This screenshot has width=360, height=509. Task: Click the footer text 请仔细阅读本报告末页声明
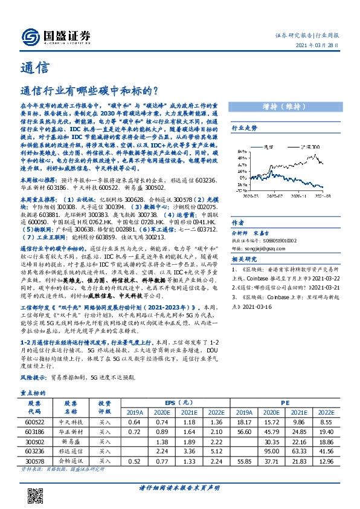[179, 487]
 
